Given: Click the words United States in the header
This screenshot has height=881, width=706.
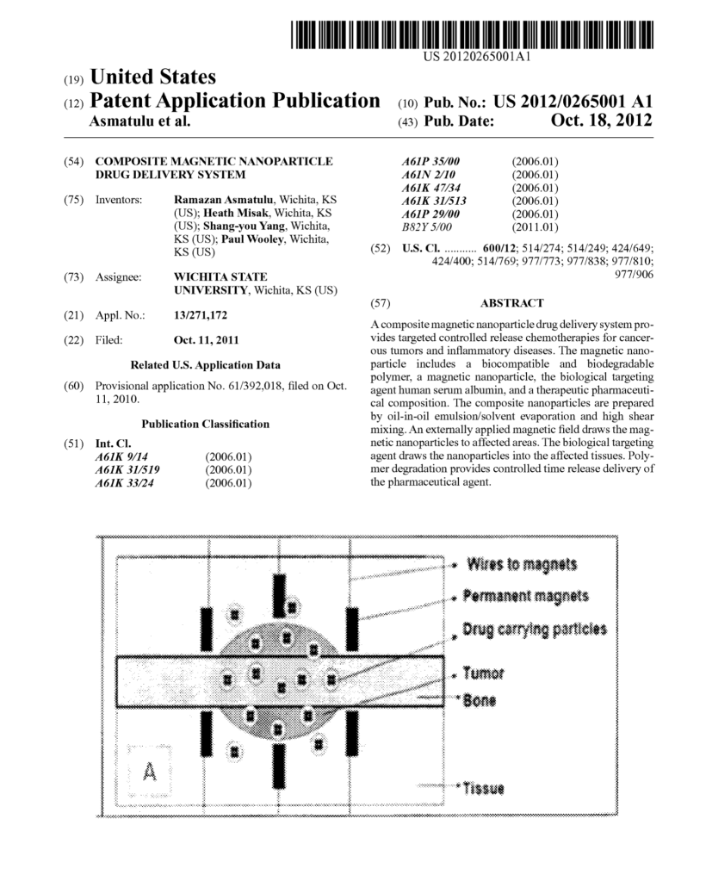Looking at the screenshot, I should [152, 78].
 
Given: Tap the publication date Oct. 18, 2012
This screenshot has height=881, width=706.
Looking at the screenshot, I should [601, 121].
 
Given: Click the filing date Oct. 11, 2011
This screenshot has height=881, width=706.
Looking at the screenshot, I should [207, 340].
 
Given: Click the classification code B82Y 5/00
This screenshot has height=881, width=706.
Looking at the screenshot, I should [428, 227].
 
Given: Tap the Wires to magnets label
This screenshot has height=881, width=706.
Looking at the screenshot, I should [522, 565].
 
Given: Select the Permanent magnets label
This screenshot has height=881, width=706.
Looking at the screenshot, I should [525, 596].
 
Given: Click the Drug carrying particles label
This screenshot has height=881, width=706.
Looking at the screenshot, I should [534, 629].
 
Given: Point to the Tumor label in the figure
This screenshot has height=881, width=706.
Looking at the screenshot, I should [483, 673].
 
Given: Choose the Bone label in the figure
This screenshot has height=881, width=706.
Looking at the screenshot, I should [480, 701].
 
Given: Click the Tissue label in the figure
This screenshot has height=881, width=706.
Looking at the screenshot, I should [484, 788].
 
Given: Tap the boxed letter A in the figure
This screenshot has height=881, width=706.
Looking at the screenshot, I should [149, 770].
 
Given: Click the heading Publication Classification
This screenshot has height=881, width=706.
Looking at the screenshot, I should [205, 424].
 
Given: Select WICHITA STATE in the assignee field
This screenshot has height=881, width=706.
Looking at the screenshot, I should [220, 276].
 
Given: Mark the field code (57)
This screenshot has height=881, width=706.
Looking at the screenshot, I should [380, 303].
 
